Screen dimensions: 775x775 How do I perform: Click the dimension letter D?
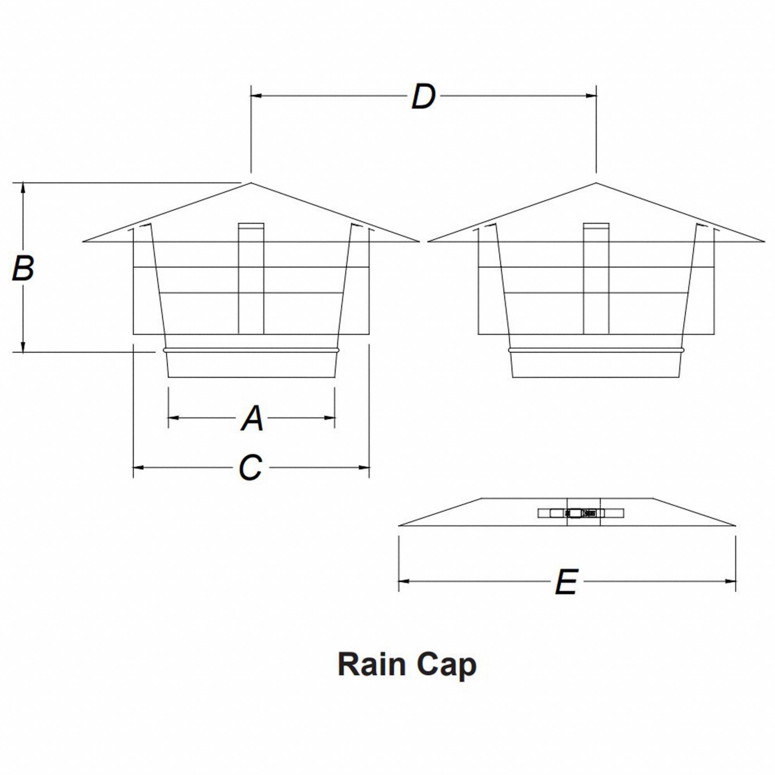(x=423, y=96)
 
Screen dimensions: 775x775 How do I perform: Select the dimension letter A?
(x=252, y=418)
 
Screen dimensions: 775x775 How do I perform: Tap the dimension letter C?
(x=251, y=467)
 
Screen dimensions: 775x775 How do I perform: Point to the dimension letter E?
(x=566, y=581)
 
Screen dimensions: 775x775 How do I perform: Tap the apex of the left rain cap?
(x=251, y=183)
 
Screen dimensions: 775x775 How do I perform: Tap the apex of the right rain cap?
(x=596, y=183)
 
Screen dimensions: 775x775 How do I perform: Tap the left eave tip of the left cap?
(x=83, y=241)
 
